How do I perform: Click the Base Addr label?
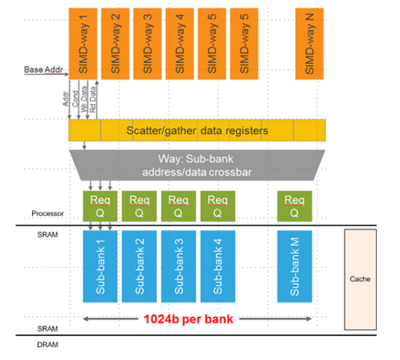point(42,70)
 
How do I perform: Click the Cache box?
point(360,279)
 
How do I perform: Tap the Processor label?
point(51,214)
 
